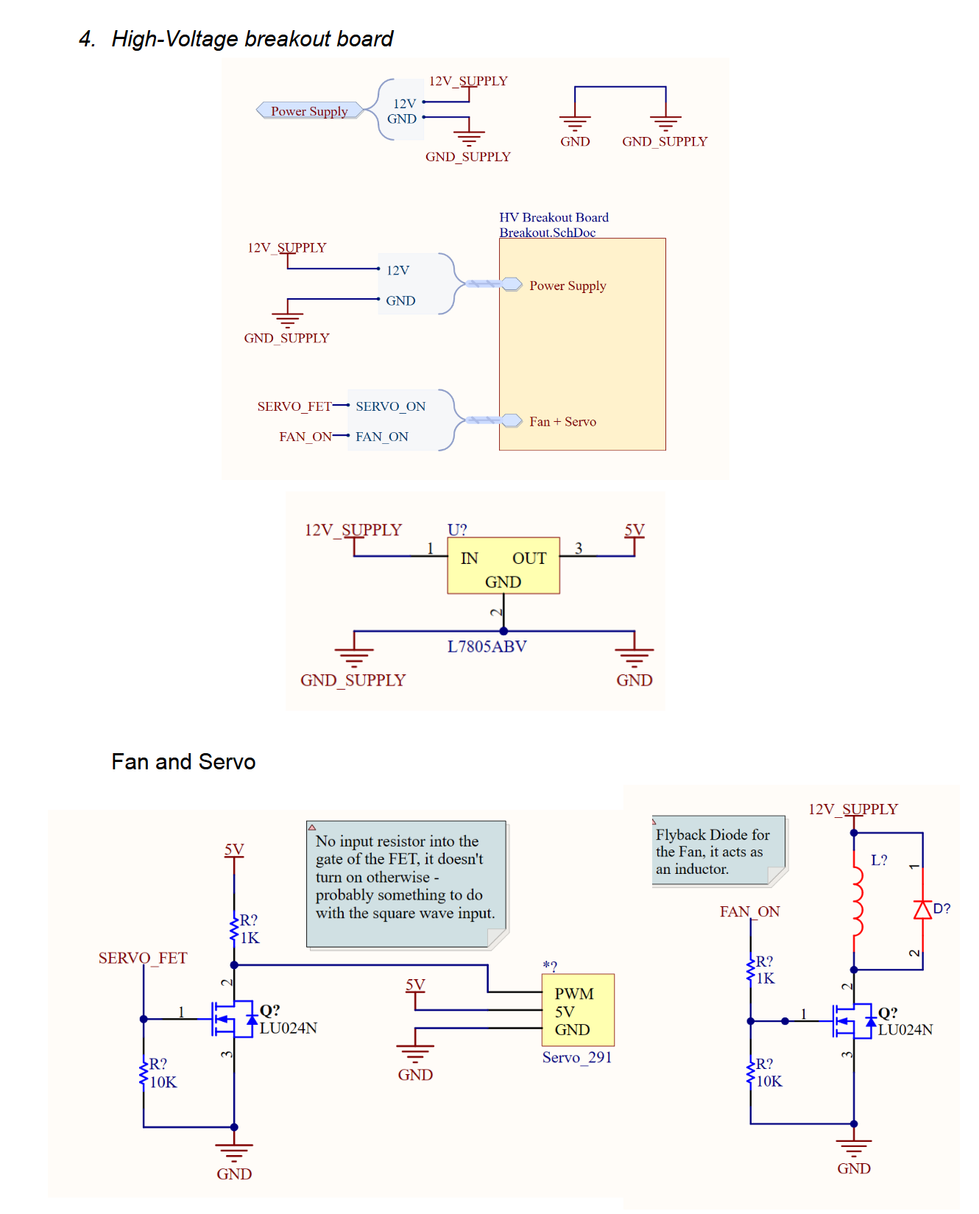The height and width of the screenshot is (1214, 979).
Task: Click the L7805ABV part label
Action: [x=487, y=646]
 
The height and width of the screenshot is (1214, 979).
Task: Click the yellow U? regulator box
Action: [x=503, y=565]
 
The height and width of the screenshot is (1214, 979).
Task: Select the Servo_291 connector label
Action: [x=577, y=1057]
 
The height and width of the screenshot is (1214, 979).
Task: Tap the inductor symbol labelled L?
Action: [x=857, y=901]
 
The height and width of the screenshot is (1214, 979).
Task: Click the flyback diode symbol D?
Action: [x=922, y=910]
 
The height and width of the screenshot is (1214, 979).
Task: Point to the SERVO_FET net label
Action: [x=143, y=958]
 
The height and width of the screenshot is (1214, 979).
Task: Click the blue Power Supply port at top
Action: [x=309, y=111]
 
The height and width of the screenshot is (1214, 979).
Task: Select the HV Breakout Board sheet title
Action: [x=554, y=217]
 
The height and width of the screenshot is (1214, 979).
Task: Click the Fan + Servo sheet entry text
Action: [x=562, y=422]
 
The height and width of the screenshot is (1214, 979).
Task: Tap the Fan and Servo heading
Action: [x=183, y=761]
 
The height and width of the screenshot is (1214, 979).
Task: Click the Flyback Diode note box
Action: [x=718, y=851]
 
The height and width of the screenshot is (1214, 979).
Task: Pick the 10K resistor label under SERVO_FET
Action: [x=163, y=1082]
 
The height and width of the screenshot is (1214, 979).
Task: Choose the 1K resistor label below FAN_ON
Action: [x=766, y=978]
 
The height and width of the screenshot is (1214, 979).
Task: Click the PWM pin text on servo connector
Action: [x=574, y=994]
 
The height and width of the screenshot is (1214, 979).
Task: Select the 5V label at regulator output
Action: [x=634, y=530]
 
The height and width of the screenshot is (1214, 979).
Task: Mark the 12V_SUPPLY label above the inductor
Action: [x=852, y=809]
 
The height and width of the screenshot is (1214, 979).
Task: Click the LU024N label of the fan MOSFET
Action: [x=905, y=1030]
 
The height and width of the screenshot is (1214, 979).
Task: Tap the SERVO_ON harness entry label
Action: [x=390, y=406]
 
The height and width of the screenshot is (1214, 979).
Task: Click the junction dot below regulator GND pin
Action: [x=503, y=631]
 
